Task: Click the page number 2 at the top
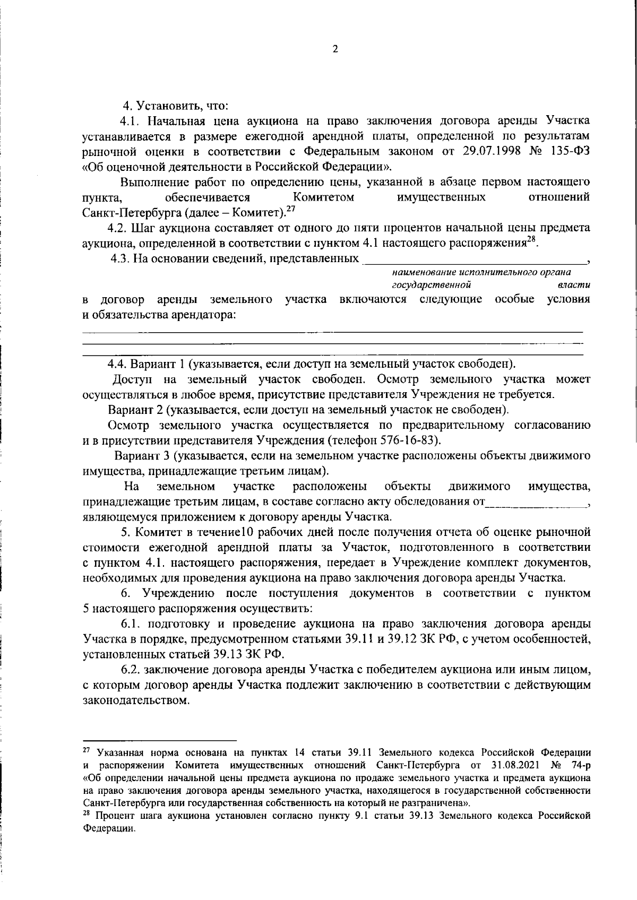coord(334,49)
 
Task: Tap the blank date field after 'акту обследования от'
coord(536,501)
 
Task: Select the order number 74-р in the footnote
coord(579,765)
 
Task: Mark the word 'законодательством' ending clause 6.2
coord(136,700)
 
